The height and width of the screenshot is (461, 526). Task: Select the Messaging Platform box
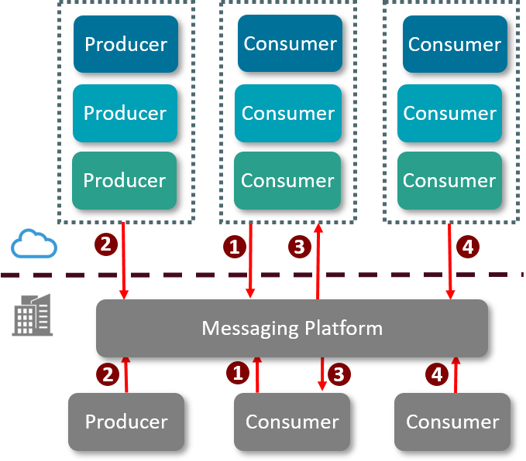[292, 328]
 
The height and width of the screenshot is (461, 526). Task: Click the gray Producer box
[126, 422]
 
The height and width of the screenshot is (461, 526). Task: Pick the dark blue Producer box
[125, 44]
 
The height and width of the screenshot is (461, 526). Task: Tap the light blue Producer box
[125, 113]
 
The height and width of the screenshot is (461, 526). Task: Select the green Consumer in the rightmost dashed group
[449, 180]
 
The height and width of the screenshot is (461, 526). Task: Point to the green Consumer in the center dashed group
[287, 180]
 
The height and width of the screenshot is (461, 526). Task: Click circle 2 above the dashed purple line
[105, 244]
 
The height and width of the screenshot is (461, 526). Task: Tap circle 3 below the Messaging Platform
[339, 374]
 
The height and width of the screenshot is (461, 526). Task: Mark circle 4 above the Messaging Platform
[468, 248]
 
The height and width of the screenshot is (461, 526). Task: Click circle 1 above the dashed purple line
[233, 247]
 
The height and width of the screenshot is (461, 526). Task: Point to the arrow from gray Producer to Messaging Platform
[124, 374]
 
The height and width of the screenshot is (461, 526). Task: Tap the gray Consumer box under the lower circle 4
[452, 422]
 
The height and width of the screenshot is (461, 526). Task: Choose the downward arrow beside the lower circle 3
[321, 376]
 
